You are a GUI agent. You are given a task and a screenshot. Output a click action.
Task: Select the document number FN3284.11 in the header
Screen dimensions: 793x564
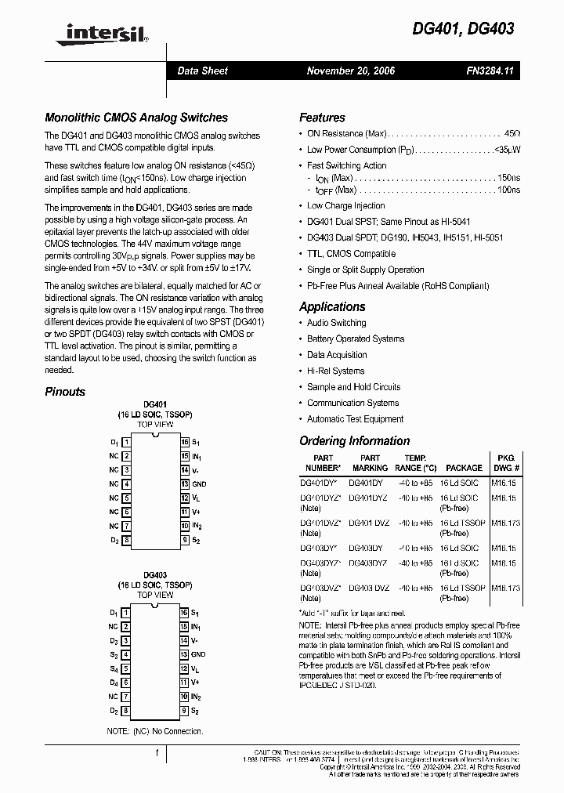tap(489, 71)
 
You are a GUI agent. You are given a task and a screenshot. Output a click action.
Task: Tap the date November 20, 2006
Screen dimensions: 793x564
tap(351, 71)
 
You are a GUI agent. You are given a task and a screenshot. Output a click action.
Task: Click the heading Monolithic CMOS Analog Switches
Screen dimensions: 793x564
tap(136, 118)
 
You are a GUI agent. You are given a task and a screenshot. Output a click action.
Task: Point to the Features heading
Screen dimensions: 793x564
tap(322, 118)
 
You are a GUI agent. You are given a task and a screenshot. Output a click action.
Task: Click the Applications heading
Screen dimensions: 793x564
tap(332, 306)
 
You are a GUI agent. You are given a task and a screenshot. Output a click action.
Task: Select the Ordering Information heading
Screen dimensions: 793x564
tap(355, 440)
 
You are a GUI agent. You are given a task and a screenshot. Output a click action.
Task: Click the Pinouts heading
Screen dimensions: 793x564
tap(65, 391)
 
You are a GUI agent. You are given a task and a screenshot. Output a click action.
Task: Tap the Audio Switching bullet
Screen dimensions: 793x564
tap(336, 323)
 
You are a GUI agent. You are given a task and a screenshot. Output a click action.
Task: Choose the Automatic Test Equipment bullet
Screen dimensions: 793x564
tap(355, 419)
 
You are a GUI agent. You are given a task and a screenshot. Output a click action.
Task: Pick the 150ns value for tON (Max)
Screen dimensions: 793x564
tap(508, 178)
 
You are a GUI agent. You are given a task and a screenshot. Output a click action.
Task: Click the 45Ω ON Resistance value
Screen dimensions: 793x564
tap(512, 134)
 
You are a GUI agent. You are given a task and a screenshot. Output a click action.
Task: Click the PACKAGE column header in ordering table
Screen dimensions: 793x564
tap(464, 468)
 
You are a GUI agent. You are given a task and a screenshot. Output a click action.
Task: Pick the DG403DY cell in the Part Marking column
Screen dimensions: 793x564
tap(366, 549)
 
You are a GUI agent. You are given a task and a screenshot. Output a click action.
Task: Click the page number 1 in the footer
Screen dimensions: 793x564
tap(157, 753)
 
